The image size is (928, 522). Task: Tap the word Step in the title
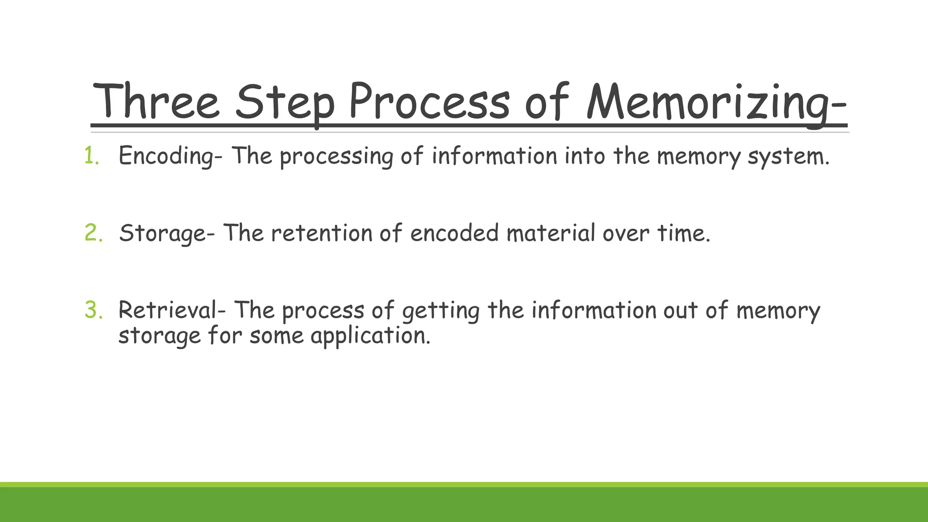(x=285, y=102)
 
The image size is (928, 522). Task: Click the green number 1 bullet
(x=91, y=156)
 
